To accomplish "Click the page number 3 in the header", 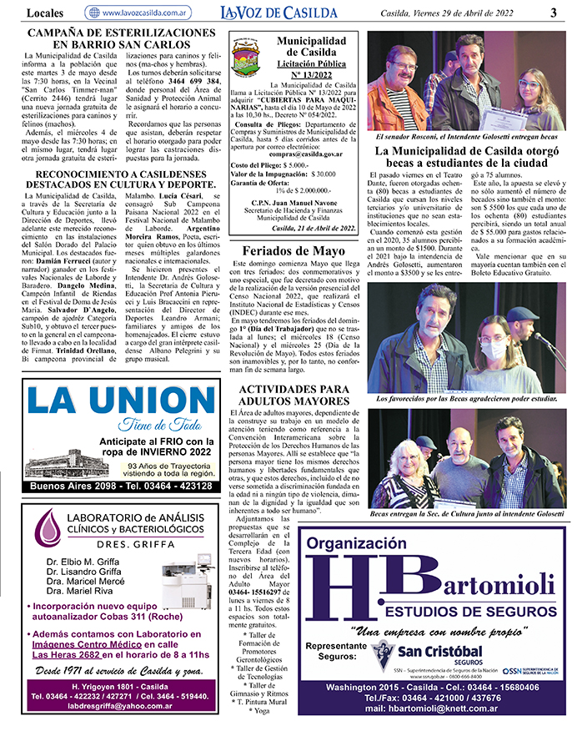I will (554, 12).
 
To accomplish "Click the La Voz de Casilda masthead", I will (279, 12).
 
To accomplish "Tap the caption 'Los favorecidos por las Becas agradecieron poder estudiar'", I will (467, 399).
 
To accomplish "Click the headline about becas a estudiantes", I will (466, 158).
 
